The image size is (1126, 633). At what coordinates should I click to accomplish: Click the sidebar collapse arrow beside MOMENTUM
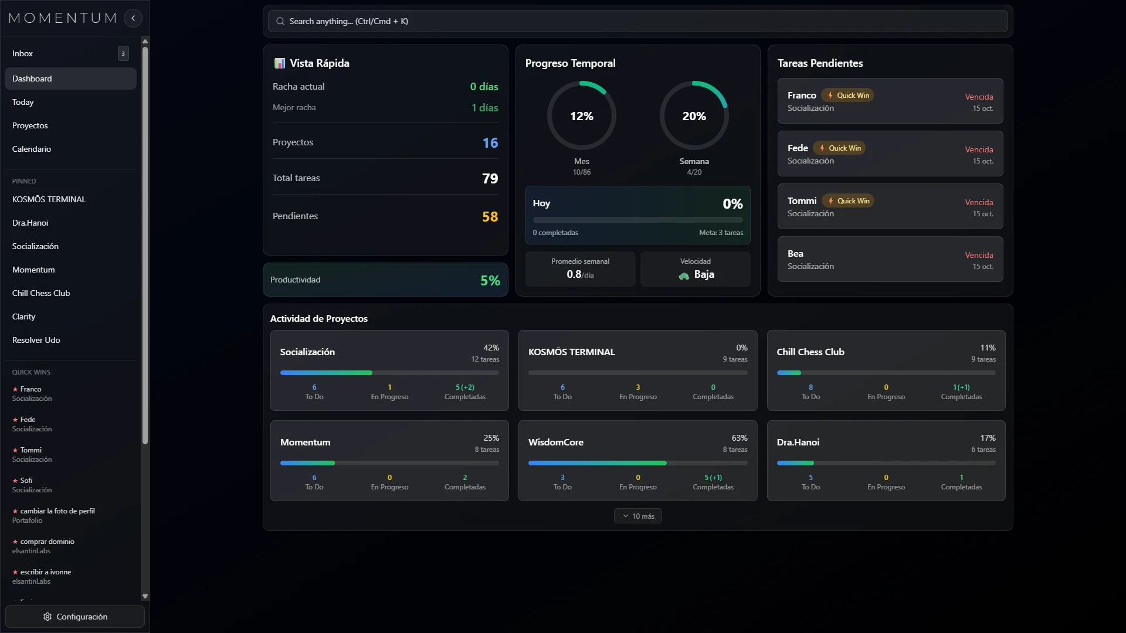tap(133, 18)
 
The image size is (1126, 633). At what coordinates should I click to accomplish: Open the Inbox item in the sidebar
tap(23, 53)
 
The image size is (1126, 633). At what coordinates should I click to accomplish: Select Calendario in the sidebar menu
tap(32, 149)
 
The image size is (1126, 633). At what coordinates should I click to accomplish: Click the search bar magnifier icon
tap(280, 21)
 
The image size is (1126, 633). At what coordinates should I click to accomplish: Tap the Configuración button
tap(75, 617)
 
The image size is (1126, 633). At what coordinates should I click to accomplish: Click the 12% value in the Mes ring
tap(581, 116)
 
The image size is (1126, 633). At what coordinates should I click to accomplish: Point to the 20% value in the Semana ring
tap(694, 116)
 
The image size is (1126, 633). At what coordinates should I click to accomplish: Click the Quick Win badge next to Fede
tap(840, 148)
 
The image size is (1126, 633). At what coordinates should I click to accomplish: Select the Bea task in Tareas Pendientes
tap(795, 254)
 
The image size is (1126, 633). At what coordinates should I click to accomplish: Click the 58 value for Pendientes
tap(490, 216)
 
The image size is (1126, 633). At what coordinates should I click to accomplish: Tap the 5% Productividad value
tap(490, 280)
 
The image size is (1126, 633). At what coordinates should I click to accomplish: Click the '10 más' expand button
tap(638, 516)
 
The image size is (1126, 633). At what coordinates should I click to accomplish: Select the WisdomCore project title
tap(555, 442)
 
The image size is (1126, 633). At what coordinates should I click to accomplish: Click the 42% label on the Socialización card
tap(491, 348)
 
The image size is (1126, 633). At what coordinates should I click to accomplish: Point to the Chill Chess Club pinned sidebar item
tap(41, 293)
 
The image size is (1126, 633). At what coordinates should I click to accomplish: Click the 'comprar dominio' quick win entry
tap(48, 542)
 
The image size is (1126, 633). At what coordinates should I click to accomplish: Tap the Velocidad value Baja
tap(704, 274)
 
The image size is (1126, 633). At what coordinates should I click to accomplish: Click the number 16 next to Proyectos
tap(490, 142)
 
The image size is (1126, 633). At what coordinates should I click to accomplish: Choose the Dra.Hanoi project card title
tap(798, 442)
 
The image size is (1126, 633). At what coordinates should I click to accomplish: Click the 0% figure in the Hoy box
tap(732, 203)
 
